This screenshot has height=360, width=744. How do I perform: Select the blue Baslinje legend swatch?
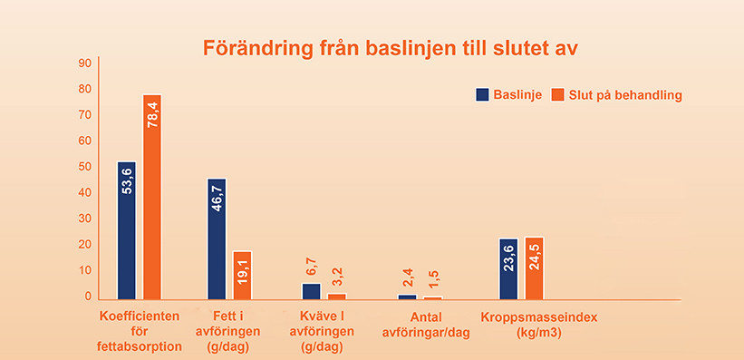point(482,94)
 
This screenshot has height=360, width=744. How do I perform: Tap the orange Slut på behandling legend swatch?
point(558,94)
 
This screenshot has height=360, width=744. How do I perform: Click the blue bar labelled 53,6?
point(127,230)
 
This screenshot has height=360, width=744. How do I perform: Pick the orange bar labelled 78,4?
point(152,197)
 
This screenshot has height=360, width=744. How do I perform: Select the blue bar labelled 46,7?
point(217,238)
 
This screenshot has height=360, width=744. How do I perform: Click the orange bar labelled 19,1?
point(242,275)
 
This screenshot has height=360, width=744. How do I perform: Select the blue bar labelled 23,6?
point(509,268)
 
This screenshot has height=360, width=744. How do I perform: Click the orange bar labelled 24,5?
point(535,268)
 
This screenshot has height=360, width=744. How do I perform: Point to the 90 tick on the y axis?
point(85,63)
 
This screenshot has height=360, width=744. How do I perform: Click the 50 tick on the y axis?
point(85,167)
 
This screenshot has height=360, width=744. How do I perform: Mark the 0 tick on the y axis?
point(88,297)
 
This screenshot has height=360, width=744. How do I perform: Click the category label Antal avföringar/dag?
point(426,325)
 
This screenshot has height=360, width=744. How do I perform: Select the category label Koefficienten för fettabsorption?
point(140,331)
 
